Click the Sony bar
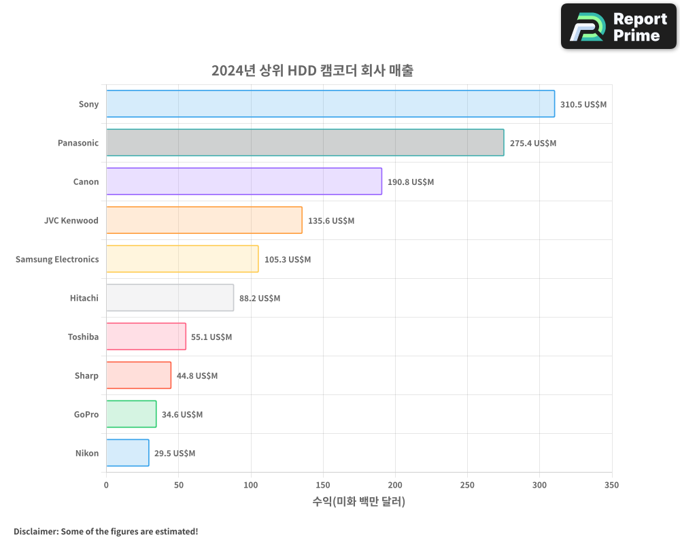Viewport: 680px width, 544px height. pyautogui.click(x=330, y=104)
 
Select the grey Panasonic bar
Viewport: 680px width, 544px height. pyautogui.click(x=305, y=143)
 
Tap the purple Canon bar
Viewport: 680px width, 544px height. pyautogui.click(x=243, y=182)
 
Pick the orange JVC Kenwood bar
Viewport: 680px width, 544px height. pyautogui.click(x=204, y=220)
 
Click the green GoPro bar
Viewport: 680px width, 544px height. pyautogui.click(x=131, y=414)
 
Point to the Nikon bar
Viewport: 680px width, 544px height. pyautogui.click(x=127, y=453)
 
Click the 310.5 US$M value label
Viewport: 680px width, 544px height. pyautogui.click(x=583, y=105)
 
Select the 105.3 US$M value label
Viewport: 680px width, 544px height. pyautogui.click(x=287, y=260)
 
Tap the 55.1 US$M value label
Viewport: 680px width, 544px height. pyautogui.click(x=211, y=337)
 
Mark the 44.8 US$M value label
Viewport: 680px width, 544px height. pyautogui.click(x=197, y=376)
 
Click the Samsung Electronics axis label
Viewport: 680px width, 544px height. pyautogui.click(x=57, y=259)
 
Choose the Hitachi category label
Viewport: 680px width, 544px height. pyautogui.click(x=84, y=298)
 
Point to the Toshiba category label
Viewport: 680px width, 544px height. pyautogui.click(x=83, y=337)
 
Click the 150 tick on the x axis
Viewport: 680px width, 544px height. pyautogui.click(x=323, y=485)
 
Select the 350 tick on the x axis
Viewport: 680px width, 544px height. pyautogui.click(x=611, y=485)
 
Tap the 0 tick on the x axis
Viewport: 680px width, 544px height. pyautogui.click(x=106, y=485)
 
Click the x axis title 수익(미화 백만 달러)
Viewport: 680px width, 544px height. pyautogui.click(x=358, y=502)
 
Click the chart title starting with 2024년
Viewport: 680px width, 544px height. pyautogui.click(x=312, y=71)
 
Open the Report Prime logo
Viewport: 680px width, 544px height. pyautogui.click(x=619, y=27)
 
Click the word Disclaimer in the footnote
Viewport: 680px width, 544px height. pyautogui.click(x=35, y=531)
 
